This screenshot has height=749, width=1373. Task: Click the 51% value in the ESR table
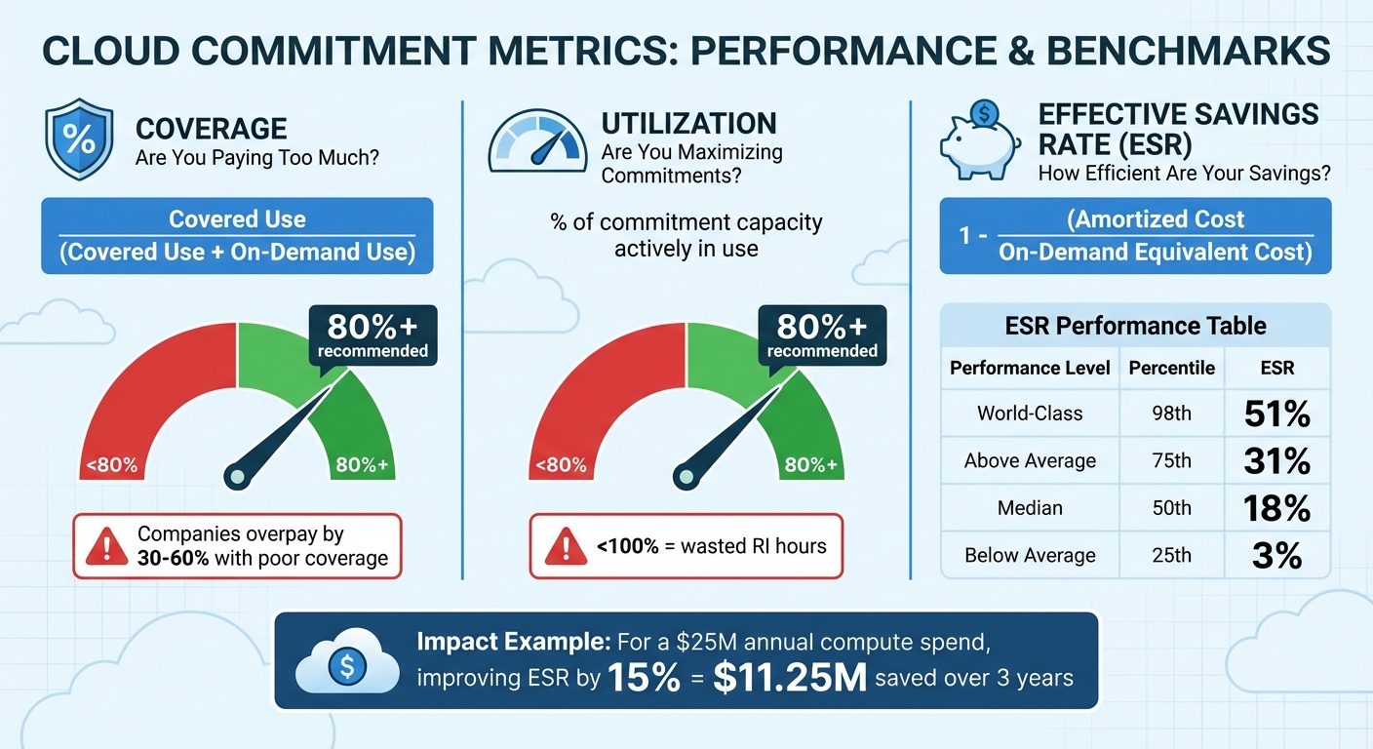point(1276,414)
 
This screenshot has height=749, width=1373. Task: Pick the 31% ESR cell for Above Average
point(1276,461)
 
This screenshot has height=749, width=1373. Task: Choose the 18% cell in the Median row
point(1276,508)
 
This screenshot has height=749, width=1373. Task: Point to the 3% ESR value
point(1276,555)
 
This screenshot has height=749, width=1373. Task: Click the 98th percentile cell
point(1170,414)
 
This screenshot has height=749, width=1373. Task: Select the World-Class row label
point(1030,414)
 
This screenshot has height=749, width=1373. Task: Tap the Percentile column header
point(1171,368)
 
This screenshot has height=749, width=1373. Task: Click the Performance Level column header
point(1030,368)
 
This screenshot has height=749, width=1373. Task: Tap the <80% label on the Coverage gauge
point(111,465)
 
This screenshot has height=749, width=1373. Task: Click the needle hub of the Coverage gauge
point(236,476)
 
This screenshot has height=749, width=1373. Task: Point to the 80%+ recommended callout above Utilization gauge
point(822,335)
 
